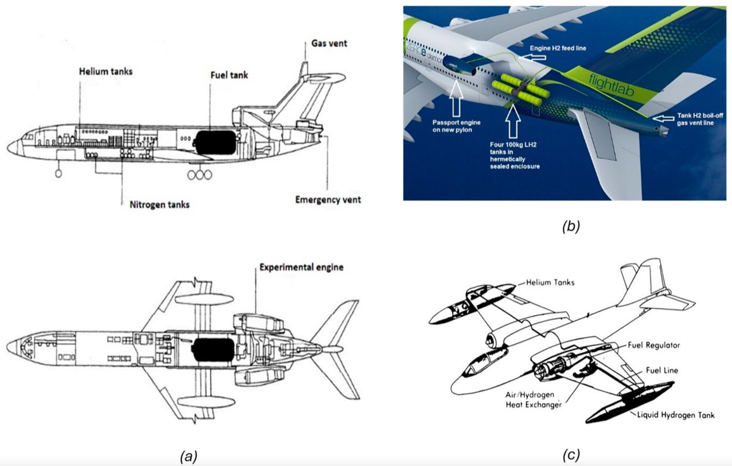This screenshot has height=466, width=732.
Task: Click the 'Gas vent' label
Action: point(329,44)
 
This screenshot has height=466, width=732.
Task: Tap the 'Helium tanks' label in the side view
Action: point(106,71)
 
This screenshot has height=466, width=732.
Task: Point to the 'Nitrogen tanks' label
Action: point(155,204)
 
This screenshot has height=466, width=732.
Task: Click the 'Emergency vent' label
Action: point(328,200)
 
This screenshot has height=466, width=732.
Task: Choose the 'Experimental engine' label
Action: point(300,267)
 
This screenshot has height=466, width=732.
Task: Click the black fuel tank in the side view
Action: point(215,142)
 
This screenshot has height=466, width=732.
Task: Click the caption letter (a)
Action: point(188,456)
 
